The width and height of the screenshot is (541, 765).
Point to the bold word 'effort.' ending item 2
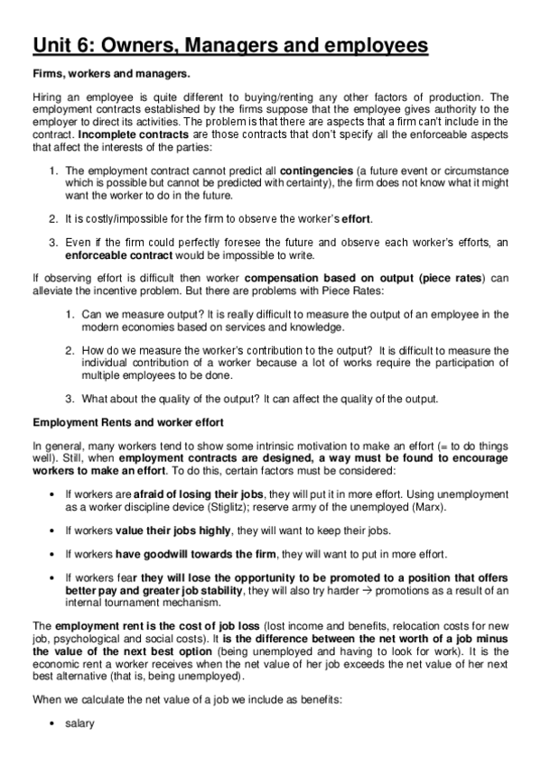coord(355,218)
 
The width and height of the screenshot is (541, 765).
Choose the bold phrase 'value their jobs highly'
coord(163,530)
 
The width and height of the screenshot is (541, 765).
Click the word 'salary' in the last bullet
coord(79,723)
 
